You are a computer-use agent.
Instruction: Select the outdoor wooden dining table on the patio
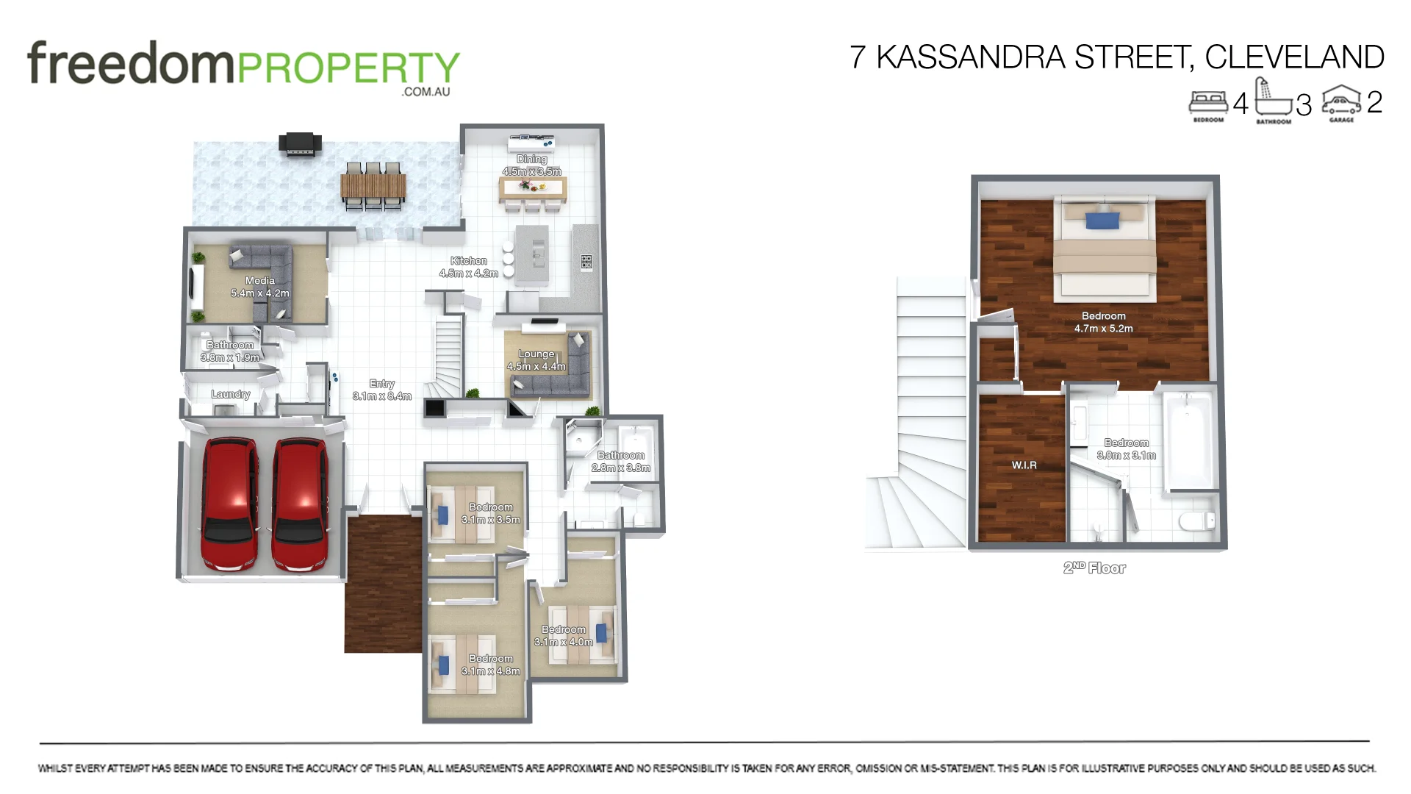pyautogui.click(x=373, y=187)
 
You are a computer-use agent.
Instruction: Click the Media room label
pyautogui.click(x=260, y=287)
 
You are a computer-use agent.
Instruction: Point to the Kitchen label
pyautogui.click(x=469, y=267)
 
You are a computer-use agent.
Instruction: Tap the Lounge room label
pyautogui.click(x=536, y=360)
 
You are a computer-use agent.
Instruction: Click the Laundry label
pyautogui.click(x=231, y=394)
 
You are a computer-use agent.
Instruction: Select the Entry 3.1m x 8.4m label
pyautogui.click(x=382, y=390)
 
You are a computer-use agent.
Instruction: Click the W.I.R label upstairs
pyautogui.click(x=1024, y=465)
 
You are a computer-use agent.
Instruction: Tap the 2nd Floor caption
pyautogui.click(x=1094, y=568)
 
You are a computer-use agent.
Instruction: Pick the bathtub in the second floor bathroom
pyautogui.click(x=1188, y=441)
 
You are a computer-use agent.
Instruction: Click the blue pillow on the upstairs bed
pyautogui.click(x=1102, y=220)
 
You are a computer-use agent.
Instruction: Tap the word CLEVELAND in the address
pyautogui.click(x=1294, y=57)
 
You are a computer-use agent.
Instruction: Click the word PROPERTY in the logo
pyautogui.click(x=348, y=68)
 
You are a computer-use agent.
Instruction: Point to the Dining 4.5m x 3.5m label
pyautogui.click(x=531, y=165)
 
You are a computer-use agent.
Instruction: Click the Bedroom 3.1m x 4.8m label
pyautogui.click(x=491, y=665)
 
